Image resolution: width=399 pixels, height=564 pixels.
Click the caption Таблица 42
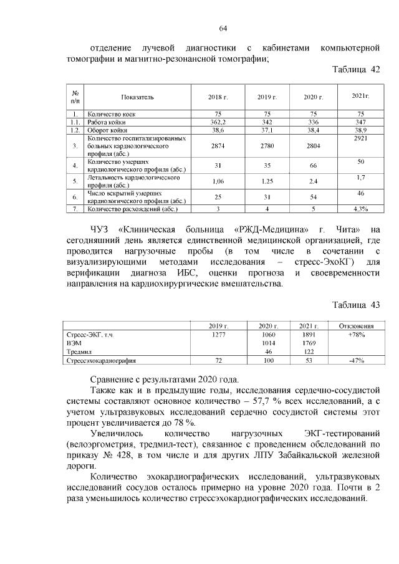pyautogui.click(x=356, y=70)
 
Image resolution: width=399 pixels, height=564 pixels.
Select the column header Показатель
pyautogui.click(x=137, y=97)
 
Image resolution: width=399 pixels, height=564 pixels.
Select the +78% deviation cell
pyautogui.click(x=356, y=335)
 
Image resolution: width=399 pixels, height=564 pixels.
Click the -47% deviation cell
pyautogui.click(x=356, y=360)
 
